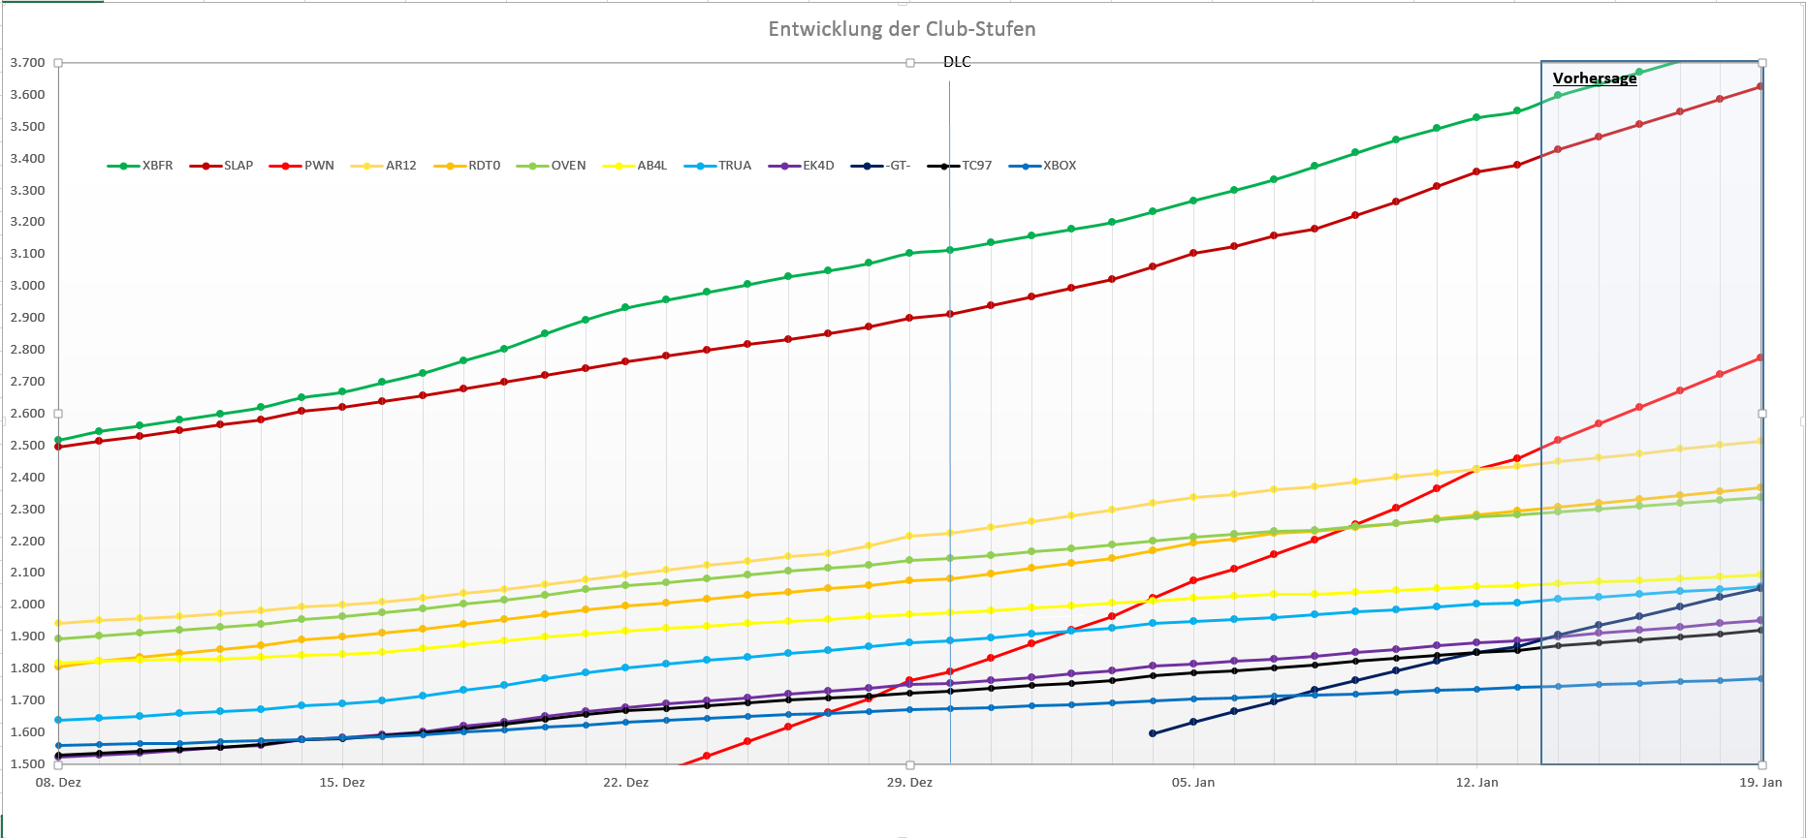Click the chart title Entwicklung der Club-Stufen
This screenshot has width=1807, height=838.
click(902, 29)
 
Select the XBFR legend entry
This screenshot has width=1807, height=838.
click(141, 166)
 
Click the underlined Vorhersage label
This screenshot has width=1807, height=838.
click(1594, 78)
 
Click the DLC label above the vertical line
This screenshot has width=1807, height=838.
click(957, 62)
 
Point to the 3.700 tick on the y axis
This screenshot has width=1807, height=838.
click(27, 63)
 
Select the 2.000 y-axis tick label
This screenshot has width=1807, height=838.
click(27, 605)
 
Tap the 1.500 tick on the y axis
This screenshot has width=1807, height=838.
click(27, 764)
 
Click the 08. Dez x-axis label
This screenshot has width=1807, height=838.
click(58, 782)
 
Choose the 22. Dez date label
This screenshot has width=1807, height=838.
click(625, 782)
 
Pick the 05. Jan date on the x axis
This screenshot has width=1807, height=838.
click(1192, 782)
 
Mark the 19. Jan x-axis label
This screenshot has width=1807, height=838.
click(1760, 782)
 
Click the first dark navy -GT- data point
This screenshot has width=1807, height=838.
click(1153, 733)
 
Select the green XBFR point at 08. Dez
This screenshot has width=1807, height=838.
click(58, 440)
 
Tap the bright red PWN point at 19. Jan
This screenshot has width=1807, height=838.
click(1760, 358)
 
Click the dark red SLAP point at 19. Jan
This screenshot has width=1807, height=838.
click(1760, 86)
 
